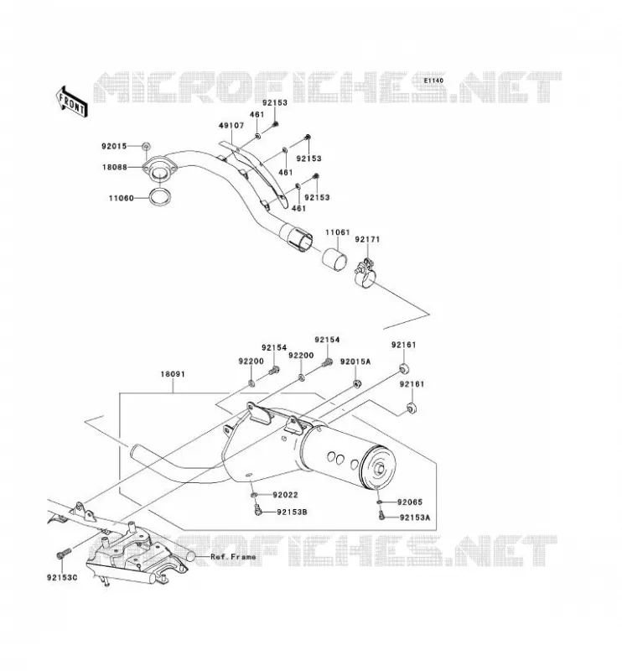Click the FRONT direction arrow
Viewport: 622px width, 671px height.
coord(72,101)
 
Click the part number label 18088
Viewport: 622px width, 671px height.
coord(115,167)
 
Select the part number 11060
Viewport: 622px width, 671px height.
coord(121,198)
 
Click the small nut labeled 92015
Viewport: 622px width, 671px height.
coord(146,146)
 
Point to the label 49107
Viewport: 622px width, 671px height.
coord(231,125)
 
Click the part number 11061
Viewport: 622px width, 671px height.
coord(338,232)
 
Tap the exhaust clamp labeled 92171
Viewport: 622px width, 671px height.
coord(365,274)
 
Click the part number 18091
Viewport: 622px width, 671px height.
coord(173,374)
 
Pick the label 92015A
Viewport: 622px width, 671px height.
coord(355,362)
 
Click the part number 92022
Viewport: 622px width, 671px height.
coord(285,495)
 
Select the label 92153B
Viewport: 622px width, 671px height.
coord(292,512)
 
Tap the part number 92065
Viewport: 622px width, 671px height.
coord(410,502)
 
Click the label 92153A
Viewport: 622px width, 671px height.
coord(415,518)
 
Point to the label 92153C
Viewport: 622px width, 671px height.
coord(62,578)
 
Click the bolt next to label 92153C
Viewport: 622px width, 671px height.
coord(63,553)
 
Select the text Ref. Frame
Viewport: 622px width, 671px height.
coord(233,557)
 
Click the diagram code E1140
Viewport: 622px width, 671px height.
coord(433,81)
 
